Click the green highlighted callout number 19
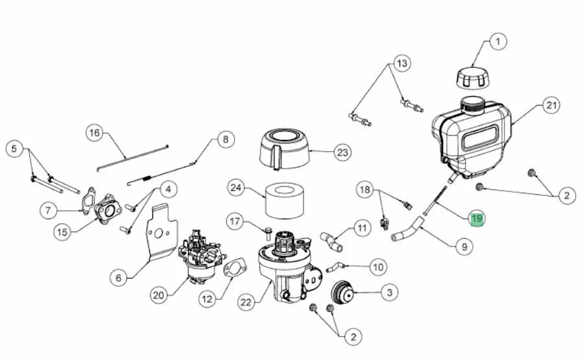pyautogui.click(x=477, y=218)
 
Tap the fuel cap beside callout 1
pyautogui.click(x=472, y=78)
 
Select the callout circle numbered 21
pyautogui.click(x=551, y=106)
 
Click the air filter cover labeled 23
pyautogui.click(x=285, y=149)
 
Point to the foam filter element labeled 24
pyautogui.click(x=285, y=200)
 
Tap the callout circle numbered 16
pyautogui.click(x=95, y=133)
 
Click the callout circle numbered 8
pyautogui.click(x=225, y=139)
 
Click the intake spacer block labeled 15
pyautogui.click(x=108, y=210)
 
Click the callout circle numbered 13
pyautogui.click(x=402, y=64)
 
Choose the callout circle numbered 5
pyautogui.click(x=14, y=149)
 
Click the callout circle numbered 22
pyautogui.click(x=246, y=302)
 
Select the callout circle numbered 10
pyautogui.click(x=378, y=267)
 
